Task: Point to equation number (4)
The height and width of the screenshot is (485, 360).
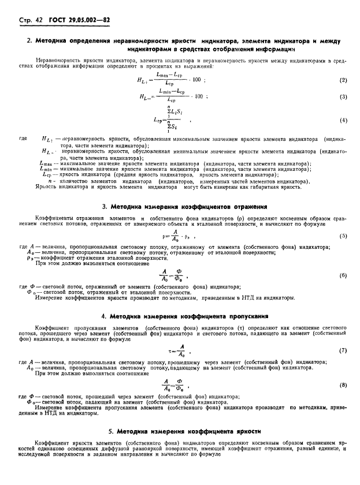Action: (x=343, y=120)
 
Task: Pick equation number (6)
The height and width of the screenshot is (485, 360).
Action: (x=343, y=275)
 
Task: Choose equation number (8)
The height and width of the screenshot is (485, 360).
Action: (x=343, y=385)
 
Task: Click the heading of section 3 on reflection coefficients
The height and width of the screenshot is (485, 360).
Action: (x=184, y=206)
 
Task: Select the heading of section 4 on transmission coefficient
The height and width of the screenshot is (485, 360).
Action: (x=184, y=316)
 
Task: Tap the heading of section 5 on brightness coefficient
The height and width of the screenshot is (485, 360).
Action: (x=184, y=431)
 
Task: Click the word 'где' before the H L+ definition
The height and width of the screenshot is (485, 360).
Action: (x=23, y=139)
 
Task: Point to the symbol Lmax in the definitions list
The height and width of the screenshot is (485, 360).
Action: (x=47, y=163)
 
